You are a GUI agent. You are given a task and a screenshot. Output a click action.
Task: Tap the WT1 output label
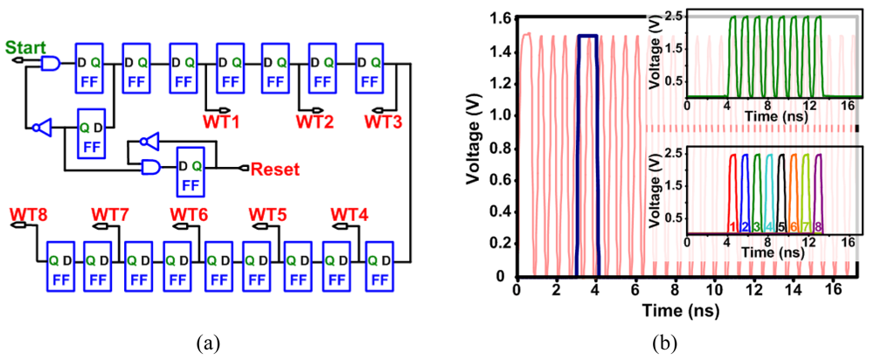(x=222, y=120)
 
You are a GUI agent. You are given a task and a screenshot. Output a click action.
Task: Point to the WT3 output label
(x=383, y=120)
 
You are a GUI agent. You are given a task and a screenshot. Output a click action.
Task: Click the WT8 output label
(x=29, y=214)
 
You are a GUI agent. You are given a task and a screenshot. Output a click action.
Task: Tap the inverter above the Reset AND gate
(x=149, y=141)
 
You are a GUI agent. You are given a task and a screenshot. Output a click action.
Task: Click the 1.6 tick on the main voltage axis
(x=498, y=17)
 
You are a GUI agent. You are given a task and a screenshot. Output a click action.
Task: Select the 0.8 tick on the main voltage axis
(x=498, y=148)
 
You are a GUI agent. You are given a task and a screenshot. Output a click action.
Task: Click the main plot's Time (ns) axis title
(x=670, y=311)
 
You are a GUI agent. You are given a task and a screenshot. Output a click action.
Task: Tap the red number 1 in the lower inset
(x=731, y=227)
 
